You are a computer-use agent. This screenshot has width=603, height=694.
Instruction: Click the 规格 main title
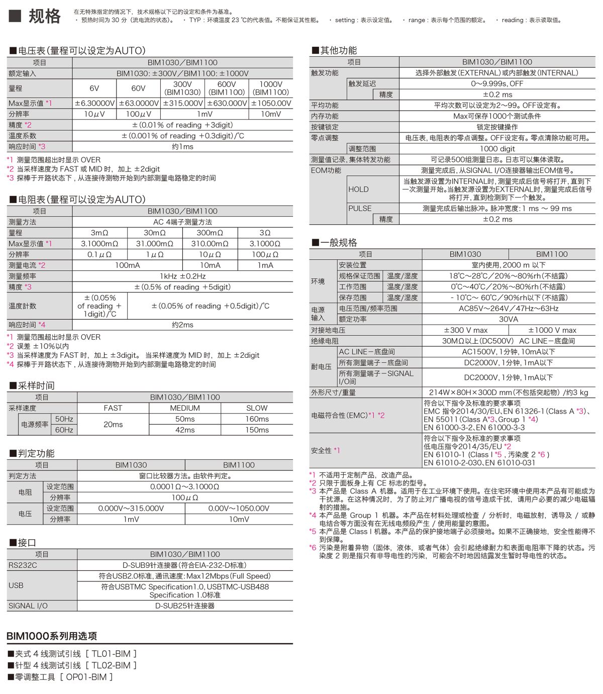click(x=44, y=17)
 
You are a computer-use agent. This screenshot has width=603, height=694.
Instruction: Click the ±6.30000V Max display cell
click(x=94, y=103)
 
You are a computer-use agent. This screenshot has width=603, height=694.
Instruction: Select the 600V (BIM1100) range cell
click(x=227, y=88)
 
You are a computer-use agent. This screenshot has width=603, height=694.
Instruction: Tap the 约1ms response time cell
click(x=182, y=147)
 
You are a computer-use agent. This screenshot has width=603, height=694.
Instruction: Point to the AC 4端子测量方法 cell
click(x=182, y=222)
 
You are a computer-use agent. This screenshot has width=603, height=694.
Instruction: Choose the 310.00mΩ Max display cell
click(x=210, y=244)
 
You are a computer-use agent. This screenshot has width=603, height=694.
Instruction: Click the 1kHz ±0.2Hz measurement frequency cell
click(x=182, y=276)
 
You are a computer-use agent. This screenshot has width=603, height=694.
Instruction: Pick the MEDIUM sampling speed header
click(x=185, y=408)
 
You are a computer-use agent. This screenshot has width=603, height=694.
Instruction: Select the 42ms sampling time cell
click(x=185, y=430)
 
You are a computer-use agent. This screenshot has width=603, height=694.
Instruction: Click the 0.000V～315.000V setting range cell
click(x=131, y=509)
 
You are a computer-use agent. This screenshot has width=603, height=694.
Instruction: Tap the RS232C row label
click(x=23, y=565)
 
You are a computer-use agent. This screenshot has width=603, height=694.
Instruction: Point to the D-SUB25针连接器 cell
click(x=185, y=606)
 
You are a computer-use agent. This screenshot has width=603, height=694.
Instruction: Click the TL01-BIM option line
click(x=72, y=654)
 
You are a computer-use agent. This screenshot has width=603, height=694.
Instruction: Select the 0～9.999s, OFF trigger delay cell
click(x=497, y=84)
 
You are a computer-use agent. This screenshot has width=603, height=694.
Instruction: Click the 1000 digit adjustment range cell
click(x=497, y=149)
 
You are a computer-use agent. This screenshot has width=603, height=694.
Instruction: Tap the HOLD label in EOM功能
click(x=358, y=189)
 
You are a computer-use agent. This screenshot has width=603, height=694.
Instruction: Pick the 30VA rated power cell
click(x=508, y=320)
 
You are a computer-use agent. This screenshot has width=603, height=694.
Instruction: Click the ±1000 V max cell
click(x=552, y=330)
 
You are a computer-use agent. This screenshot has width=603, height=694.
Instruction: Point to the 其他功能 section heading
click(x=334, y=50)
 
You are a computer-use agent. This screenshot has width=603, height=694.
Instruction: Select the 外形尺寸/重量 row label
click(x=333, y=392)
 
